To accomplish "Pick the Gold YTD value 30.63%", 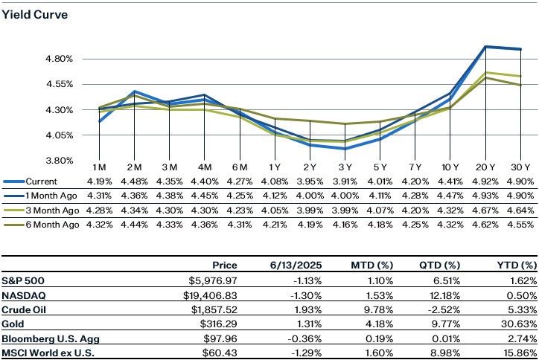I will pyautogui.click(x=519, y=324).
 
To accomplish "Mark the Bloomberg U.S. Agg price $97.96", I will pyautogui.click(x=222, y=338).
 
